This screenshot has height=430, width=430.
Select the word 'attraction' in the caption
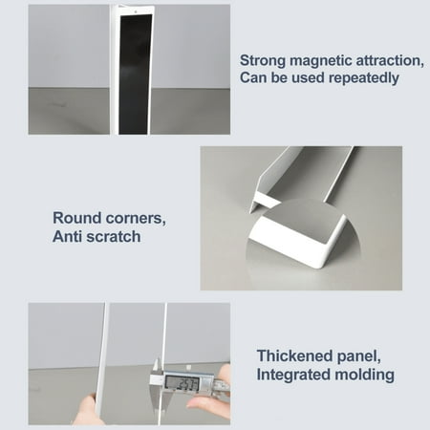tap(392, 59)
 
